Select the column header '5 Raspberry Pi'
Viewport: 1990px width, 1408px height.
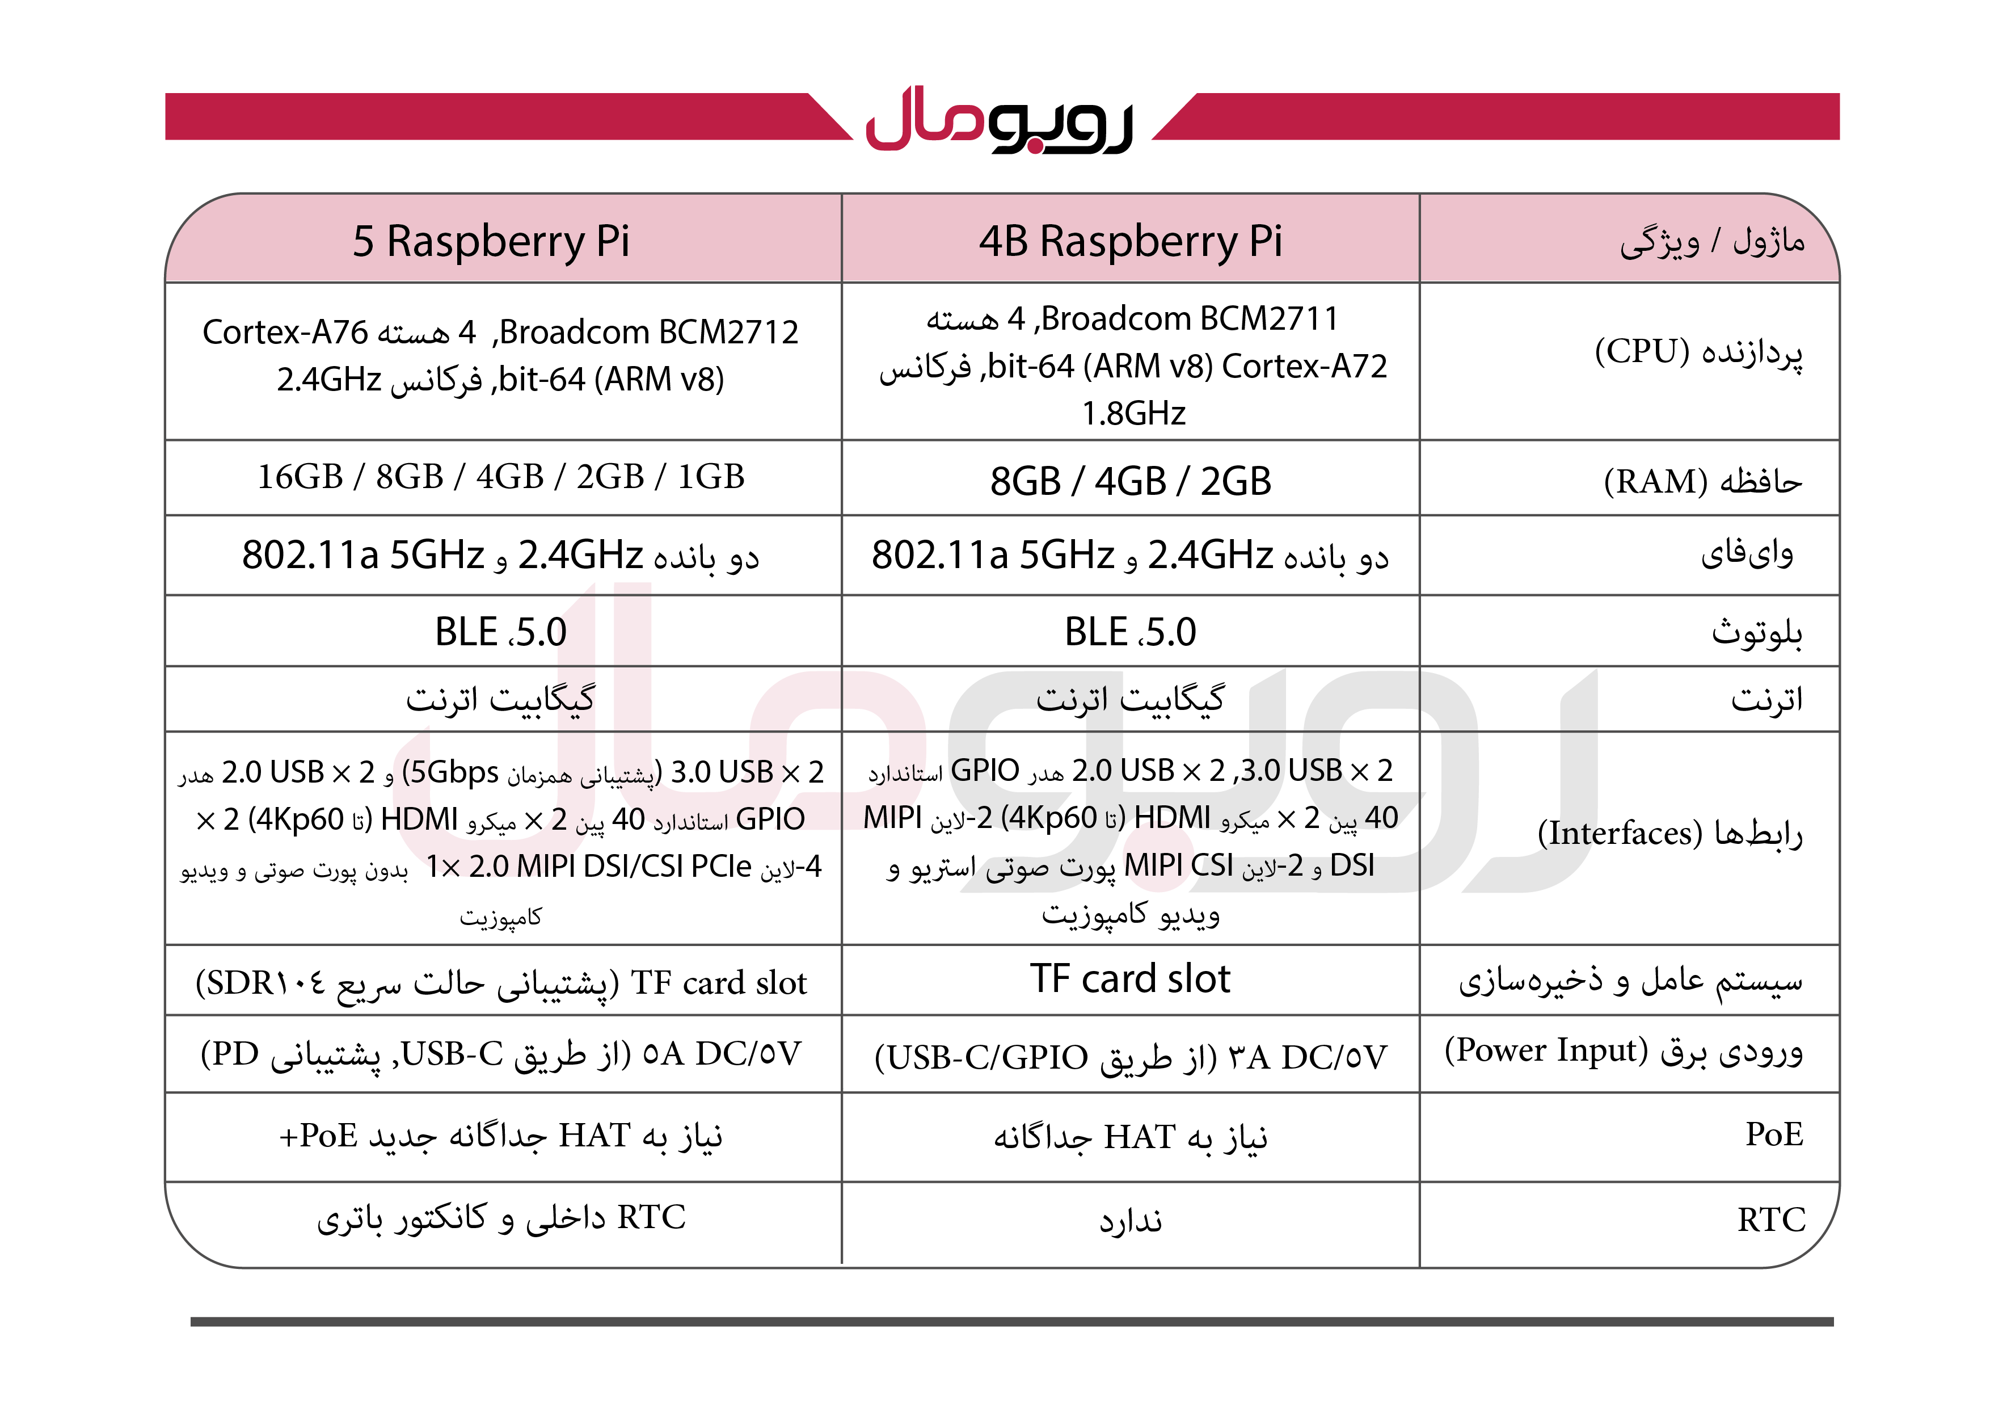[x=491, y=241]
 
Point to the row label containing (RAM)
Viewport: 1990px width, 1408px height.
[x=1702, y=481]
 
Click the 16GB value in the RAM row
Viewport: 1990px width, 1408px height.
[x=301, y=477]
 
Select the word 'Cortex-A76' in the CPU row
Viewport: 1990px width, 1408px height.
[x=285, y=332]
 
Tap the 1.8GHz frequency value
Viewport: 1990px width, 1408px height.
[x=1133, y=414]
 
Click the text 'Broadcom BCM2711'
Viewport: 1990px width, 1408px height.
[x=1189, y=319]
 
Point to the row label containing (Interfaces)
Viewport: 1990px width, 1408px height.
[x=1669, y=834]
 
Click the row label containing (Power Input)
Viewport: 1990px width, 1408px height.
[x=1624, y=1051]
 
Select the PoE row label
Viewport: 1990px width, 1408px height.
[x=1774, y=1134]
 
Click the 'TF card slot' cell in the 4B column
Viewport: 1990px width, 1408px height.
[x=1130, y=979]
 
